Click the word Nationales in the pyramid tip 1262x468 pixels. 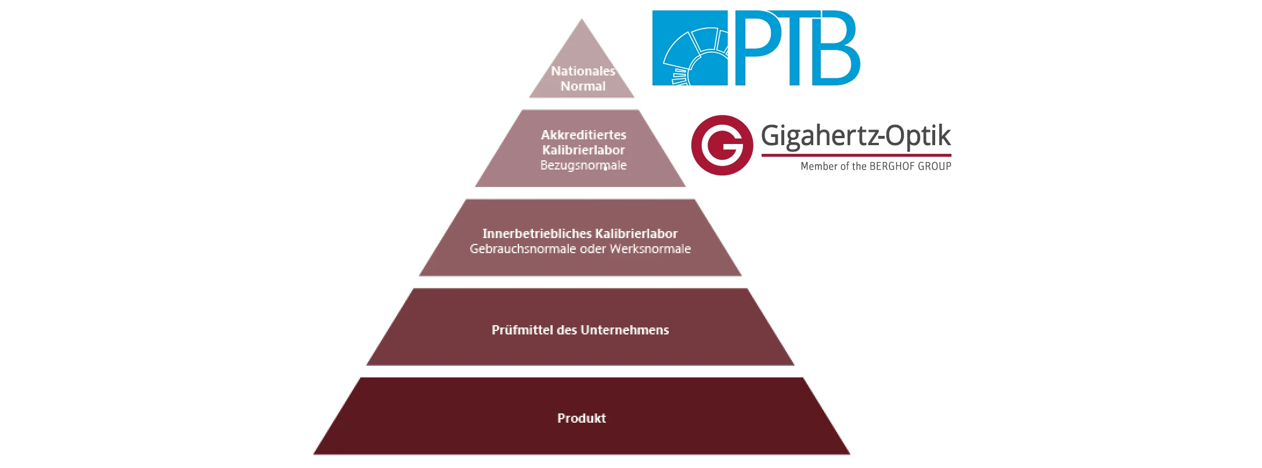(582, 71)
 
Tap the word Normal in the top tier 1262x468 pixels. (583, 87)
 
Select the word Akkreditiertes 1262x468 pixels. (583, 135)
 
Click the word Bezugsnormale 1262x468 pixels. (583, 165)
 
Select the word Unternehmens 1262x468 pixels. (625, 330)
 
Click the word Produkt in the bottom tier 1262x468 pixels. (581, 419)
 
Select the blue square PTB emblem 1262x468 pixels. (690, 48)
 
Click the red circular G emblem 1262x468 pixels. (722, 145)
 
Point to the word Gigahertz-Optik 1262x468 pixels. (856, 136)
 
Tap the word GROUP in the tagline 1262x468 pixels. (934, 167)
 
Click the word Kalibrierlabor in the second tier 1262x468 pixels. (583, 150)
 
